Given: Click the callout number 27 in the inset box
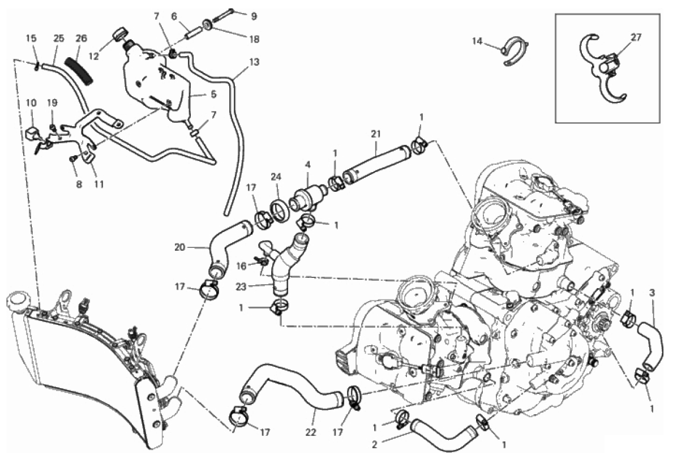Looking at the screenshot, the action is pos(636,37).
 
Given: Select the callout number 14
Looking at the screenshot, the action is pos(477,41).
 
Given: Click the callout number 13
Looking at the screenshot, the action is pos(254,62).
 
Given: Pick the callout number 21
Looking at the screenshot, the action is pos(376,134).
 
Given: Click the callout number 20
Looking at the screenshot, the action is pos(179,247).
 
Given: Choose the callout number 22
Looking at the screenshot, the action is pos(311,432).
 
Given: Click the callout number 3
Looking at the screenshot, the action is pos(652,293).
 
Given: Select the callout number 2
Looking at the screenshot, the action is pos(374,444).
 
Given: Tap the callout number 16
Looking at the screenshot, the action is pos(241,266).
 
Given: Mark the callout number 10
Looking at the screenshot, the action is pos(31,103).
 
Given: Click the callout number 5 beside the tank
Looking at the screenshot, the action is pos(213,95).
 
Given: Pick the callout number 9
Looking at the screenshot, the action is pos(254,16).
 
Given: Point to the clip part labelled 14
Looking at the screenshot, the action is pos(515,51).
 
